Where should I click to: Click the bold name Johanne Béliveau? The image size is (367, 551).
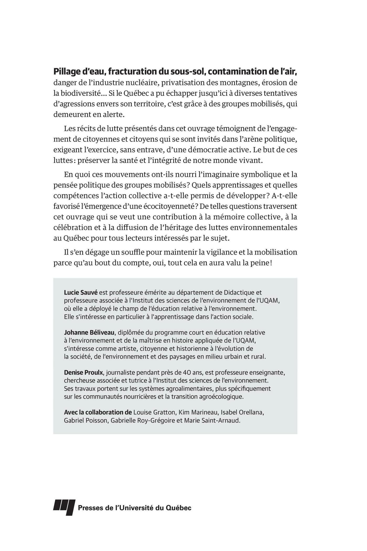click(x=89, y=332)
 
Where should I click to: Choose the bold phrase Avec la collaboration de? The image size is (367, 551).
click(x=98, y=412)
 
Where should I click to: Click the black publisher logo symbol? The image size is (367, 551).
click(x=64, y=508)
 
